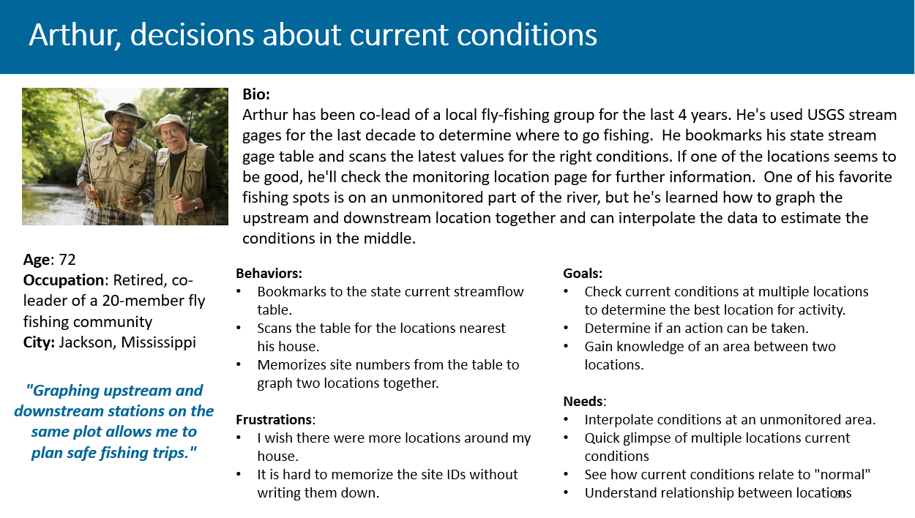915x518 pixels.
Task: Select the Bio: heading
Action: pos(256,95)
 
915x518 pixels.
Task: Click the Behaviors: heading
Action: pos(269,274)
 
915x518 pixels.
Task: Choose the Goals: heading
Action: pos(583,274)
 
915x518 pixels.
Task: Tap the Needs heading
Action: pos(584,402)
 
